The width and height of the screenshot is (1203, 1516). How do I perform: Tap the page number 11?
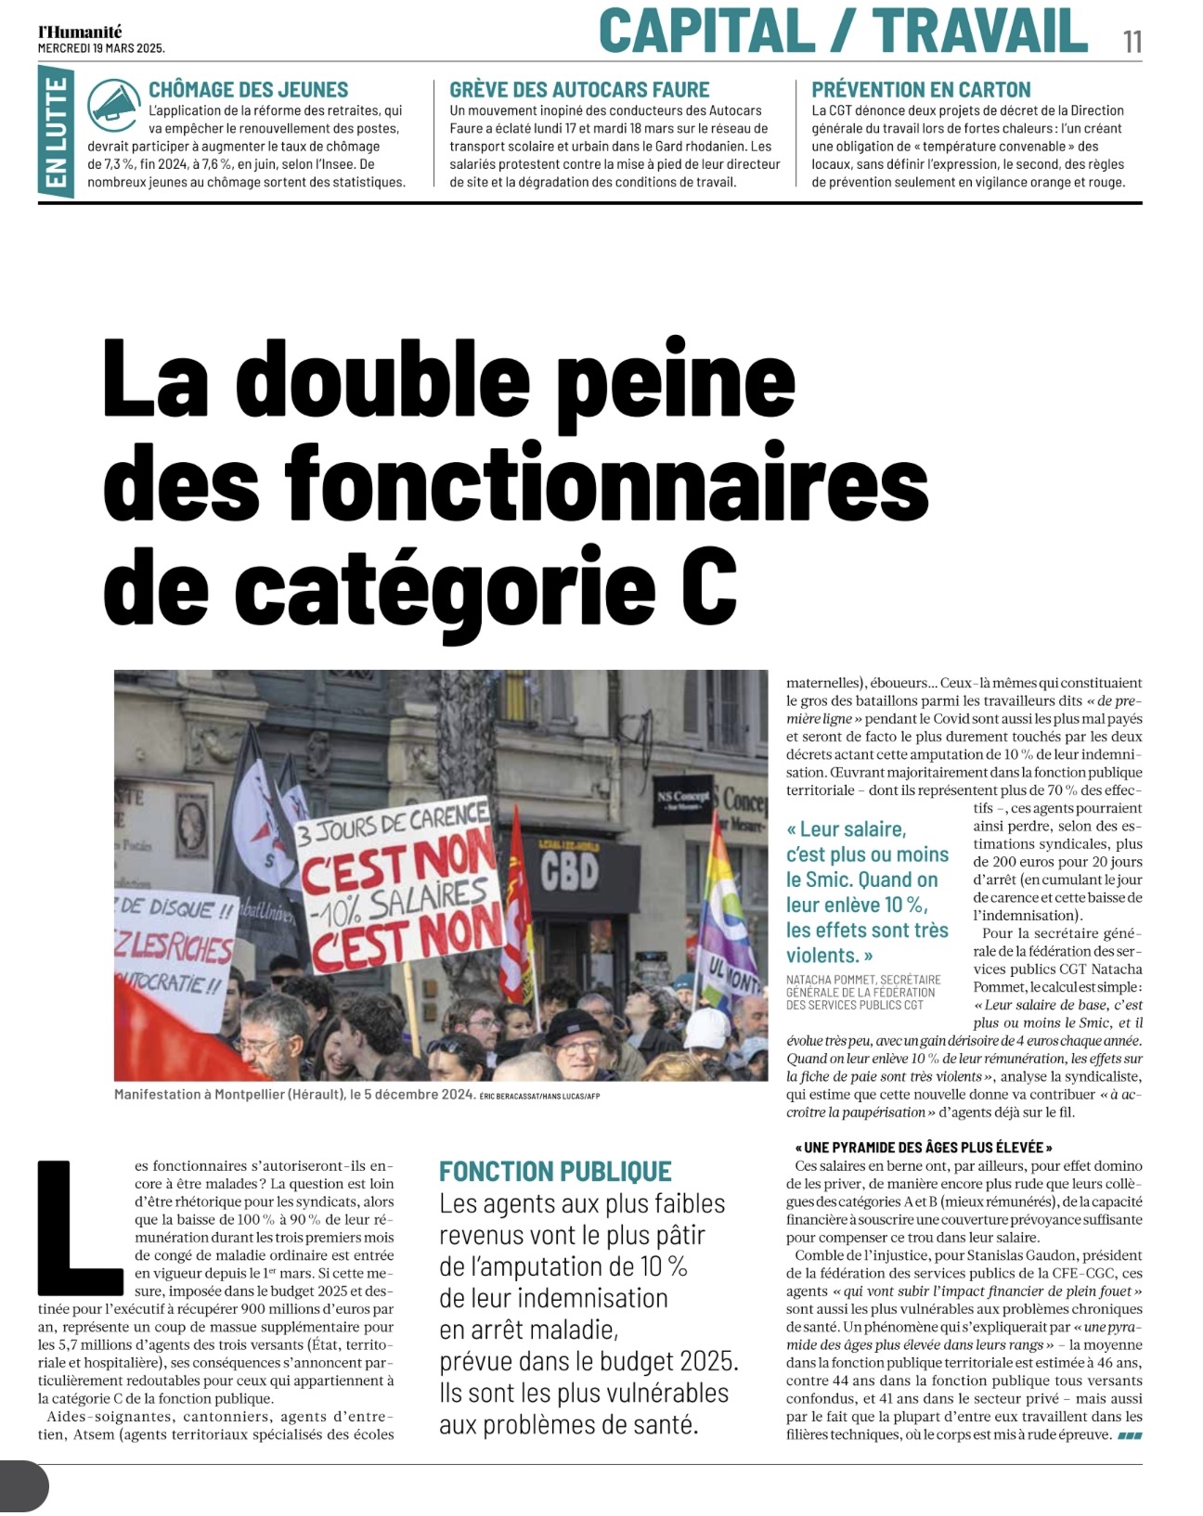pos(1132,42)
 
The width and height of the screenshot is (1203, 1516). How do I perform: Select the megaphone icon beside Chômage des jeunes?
pos(115,107)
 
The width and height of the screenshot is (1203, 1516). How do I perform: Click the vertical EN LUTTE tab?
pos(57,132)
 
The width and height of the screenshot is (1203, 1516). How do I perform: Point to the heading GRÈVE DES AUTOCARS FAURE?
pos(579,90)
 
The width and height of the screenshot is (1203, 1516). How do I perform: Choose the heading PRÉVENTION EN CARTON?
pos(921,90)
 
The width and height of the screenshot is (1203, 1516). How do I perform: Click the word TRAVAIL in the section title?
pos(979,31)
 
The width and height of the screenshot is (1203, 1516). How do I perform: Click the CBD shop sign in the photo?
pos(569,874)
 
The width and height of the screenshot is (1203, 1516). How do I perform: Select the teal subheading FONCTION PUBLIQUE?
pos(555,1171)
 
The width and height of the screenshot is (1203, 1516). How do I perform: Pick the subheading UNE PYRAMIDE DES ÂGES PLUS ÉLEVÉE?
pos(924,1148)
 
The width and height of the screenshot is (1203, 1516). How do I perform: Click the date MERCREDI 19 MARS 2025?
pos(101,48)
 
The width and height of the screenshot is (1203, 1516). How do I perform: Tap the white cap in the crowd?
pos(707,1025)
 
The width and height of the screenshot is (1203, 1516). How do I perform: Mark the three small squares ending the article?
pos(1130,1435)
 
